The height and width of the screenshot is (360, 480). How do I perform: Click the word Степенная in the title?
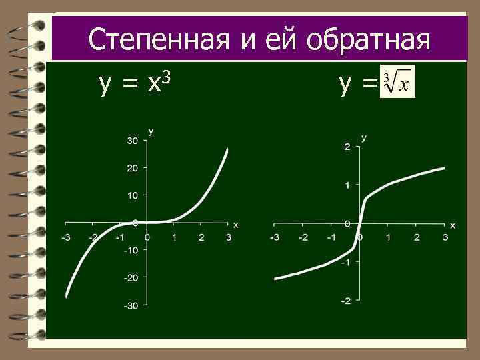(160, 39)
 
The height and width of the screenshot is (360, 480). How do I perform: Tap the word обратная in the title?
(368, 39)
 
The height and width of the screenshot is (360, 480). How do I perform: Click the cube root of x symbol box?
(397, 82)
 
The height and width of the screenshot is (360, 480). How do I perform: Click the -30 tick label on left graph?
(131, 305)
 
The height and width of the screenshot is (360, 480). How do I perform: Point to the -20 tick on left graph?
(131, 277)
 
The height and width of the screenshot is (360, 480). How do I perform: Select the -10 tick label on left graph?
(131, 250)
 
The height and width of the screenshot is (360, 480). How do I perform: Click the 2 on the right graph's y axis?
(347, 147)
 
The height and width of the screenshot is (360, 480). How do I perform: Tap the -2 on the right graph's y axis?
(345, 301)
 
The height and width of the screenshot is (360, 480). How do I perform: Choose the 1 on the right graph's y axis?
(347, 185)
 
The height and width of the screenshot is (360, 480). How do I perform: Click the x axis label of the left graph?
(235, 224)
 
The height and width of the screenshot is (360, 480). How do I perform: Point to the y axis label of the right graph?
(364, 138)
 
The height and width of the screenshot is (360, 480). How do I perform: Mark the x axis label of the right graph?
(453, 225)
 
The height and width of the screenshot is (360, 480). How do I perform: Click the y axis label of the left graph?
(151, 131)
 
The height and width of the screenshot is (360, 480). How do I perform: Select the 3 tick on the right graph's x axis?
(445, 237)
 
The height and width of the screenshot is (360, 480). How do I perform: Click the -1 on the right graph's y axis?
(345, 262)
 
